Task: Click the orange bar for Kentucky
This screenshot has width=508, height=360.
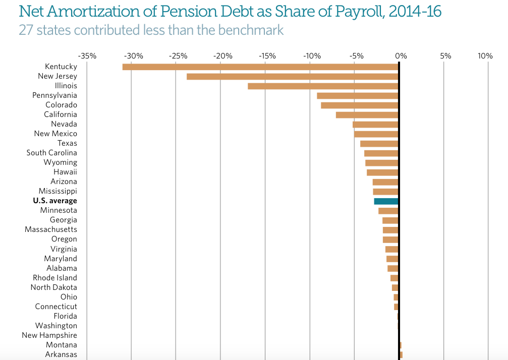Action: pos(260,67)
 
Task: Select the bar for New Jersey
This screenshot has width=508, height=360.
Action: pos(293,76)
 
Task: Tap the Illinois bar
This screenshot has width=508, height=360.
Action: pos(323,86)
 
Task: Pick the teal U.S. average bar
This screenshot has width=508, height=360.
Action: pos(386,201)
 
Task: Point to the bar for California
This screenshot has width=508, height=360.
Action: pos(367,114)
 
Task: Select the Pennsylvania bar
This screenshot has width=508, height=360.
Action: pos(358,95)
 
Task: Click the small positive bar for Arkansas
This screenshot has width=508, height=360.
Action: pos(401,354)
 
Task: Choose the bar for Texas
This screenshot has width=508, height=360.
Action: pos(379,143)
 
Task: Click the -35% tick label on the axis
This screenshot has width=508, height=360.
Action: pos(88,55)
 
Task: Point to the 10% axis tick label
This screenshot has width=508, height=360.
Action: pos(485,55)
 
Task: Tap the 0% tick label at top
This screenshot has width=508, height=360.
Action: pos(401,55)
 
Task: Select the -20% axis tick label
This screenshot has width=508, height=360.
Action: pos(222,55)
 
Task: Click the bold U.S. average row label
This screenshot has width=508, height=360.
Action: pos(55,201)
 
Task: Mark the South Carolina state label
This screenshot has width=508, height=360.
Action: pos(52,153)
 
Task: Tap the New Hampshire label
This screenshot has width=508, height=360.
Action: pos(49,335)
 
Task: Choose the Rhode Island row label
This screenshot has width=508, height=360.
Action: pos(55,278)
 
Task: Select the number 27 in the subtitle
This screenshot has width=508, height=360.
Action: pos(25,30)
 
